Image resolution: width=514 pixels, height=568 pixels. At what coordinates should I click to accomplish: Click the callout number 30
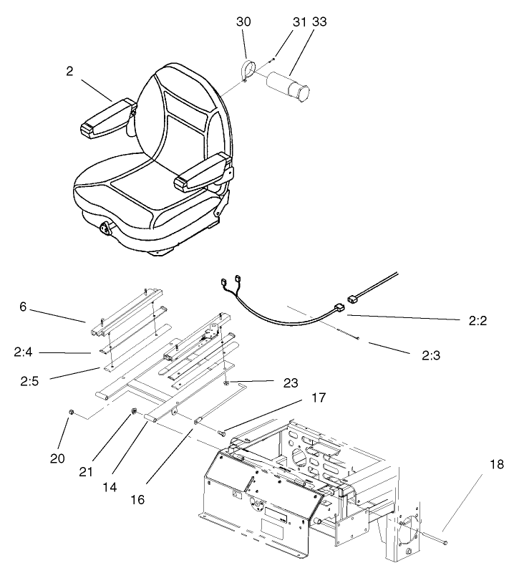pyautogui.click(x=244, y=22)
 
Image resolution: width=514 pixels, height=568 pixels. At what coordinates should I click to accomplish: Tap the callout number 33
pyautogui.click(x=319, y=22)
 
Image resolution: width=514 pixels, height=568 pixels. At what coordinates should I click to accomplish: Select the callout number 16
pyautogui.click(x=137, y=499)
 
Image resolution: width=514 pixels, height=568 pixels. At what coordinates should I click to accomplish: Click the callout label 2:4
pyautogui.click(x=23, y=352)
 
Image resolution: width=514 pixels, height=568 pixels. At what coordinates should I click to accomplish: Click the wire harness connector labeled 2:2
pyautogui.click(x=338, y=308)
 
